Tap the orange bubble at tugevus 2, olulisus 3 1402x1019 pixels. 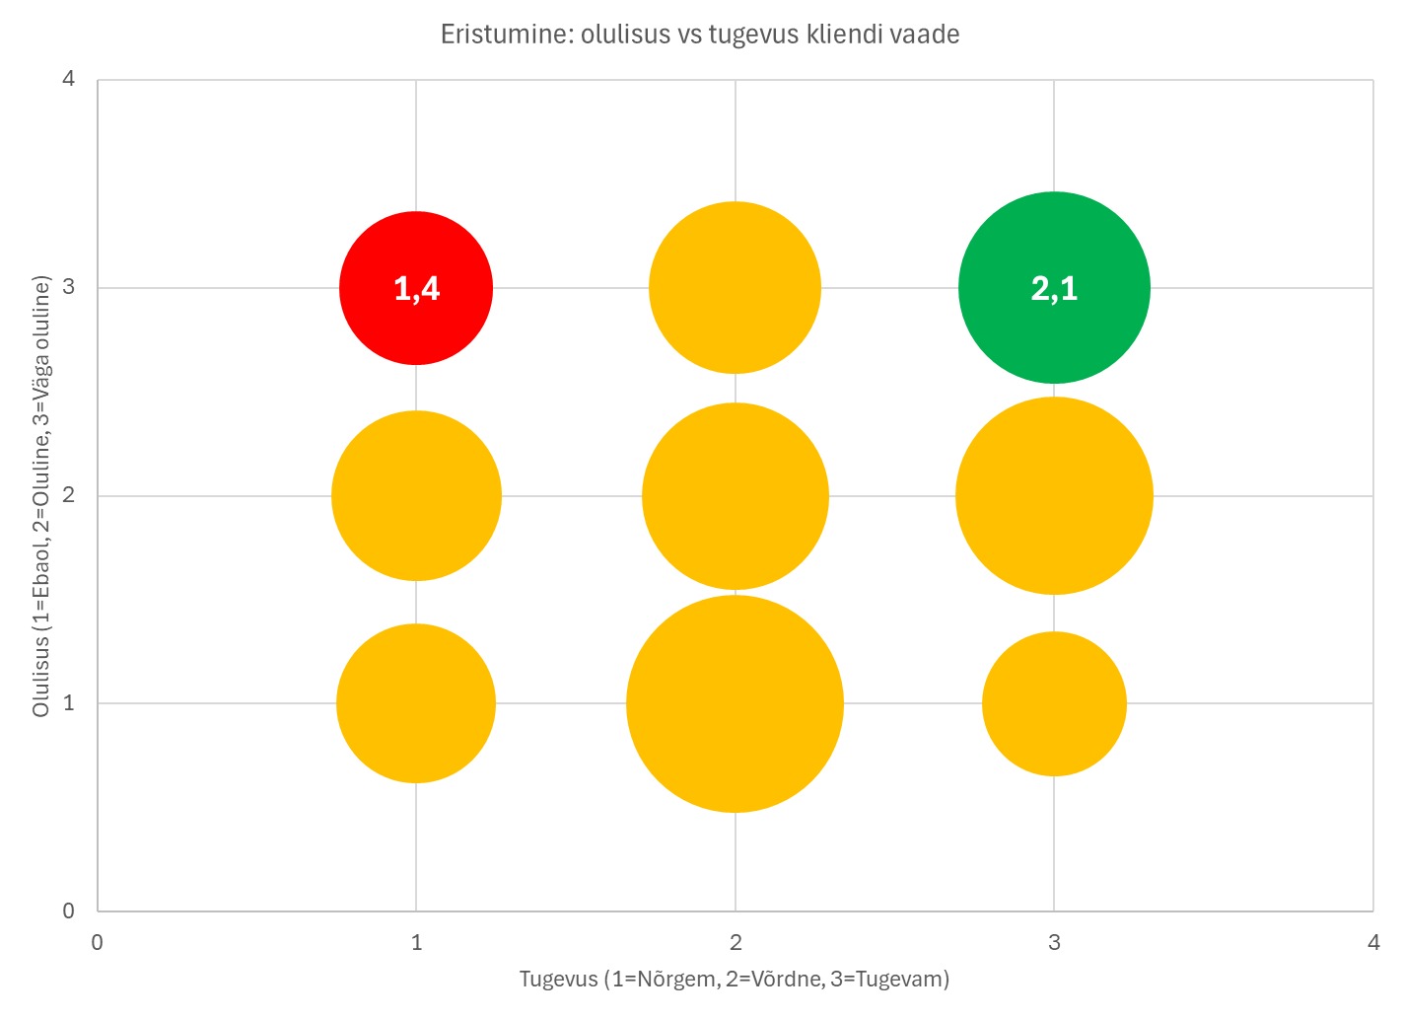735,287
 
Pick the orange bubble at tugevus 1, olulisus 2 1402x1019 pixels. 416,495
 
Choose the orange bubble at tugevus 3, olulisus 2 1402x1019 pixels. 1054,495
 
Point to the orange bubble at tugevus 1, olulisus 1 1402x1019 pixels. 416,703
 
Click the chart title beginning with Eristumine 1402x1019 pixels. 700,35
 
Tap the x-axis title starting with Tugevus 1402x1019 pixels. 735,979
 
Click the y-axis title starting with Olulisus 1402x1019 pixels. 41,496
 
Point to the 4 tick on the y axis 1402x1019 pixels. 68,79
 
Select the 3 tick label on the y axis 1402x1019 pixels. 68,287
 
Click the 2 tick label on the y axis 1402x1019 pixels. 68,495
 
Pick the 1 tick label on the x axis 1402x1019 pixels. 416,942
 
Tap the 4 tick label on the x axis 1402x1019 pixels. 1373,942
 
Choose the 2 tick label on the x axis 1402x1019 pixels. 736,942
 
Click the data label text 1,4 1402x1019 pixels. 416,288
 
